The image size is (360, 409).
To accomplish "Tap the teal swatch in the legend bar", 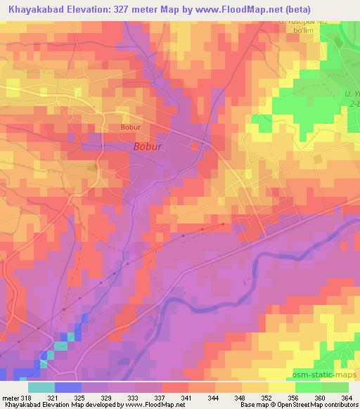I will (x=41, y=387).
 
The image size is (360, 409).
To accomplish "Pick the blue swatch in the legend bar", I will (x=68, y=387).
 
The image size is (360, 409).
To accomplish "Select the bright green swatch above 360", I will (x=308, y=387).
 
